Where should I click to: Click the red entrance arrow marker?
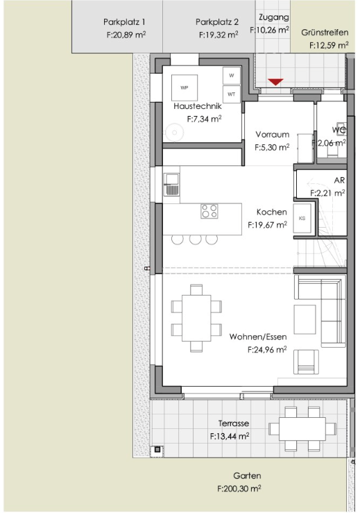[x=275, y=82]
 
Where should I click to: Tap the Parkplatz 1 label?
[x=124, y=22]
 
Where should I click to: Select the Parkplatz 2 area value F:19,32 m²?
[x=218, y=35]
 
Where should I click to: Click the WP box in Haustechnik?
[x=185, y=87]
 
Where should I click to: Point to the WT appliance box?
[x=232, y=94]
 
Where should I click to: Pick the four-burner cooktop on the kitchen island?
[x=209, y=211]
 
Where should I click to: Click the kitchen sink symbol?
[x=171, y=185]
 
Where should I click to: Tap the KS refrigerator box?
[x=302, y=218]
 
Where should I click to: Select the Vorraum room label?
[x=273, y=135]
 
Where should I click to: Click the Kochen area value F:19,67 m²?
[x=268, y=225]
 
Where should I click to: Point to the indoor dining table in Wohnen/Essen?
[x=196, y=318]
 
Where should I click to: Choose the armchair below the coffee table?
[x=306, y=362]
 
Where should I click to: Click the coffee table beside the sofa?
[x=305, y=319]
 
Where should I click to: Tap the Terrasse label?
[x=234, y=423]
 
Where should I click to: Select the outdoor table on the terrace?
[x=302, y=429]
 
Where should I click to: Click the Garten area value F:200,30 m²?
[x=239, y=489]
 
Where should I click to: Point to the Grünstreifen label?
[x=325, y=33]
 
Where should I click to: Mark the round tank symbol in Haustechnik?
[x=174, y=133]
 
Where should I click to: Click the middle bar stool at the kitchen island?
[x=195, y=239]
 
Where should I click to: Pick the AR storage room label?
[x=339, y=180]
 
